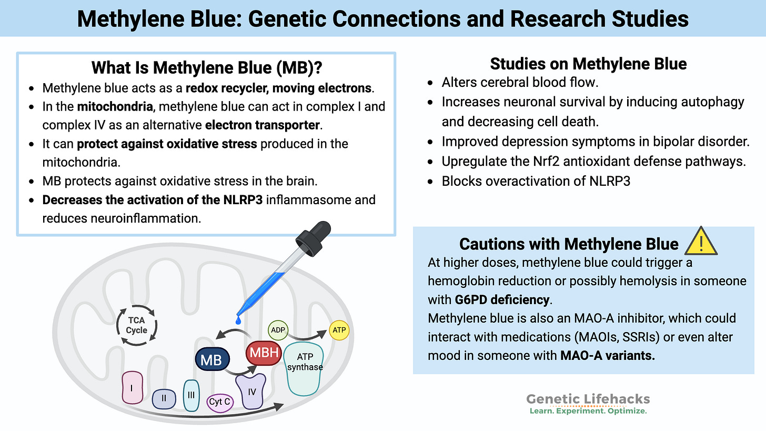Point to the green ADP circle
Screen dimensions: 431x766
(278, 330)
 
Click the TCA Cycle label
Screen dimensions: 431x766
(136, 325)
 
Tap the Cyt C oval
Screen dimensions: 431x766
(220, 402)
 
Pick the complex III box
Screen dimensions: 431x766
(191, 395)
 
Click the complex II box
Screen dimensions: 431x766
(164, 398)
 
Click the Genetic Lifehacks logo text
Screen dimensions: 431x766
(588, 399)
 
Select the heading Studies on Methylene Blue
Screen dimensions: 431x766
(588, 64)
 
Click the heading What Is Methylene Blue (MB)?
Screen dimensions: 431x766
(206, 68)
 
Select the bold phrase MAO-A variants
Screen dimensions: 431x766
(607, 355)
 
